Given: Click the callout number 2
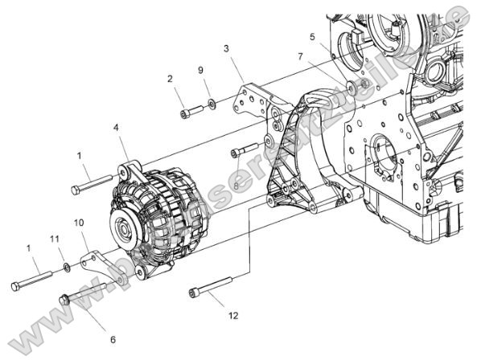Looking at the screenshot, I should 170,79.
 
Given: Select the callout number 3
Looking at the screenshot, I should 227,49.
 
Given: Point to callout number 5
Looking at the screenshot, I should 313,37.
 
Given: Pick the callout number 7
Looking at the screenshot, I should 300,57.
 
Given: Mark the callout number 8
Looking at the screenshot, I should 236,186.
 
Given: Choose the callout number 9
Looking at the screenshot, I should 200,70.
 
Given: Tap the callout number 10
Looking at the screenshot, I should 79,223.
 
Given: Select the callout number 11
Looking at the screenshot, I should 55,239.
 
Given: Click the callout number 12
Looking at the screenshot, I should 232,316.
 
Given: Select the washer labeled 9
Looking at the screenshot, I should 211,104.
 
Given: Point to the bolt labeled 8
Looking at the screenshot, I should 245,149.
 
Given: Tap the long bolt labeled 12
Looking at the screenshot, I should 211,286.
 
